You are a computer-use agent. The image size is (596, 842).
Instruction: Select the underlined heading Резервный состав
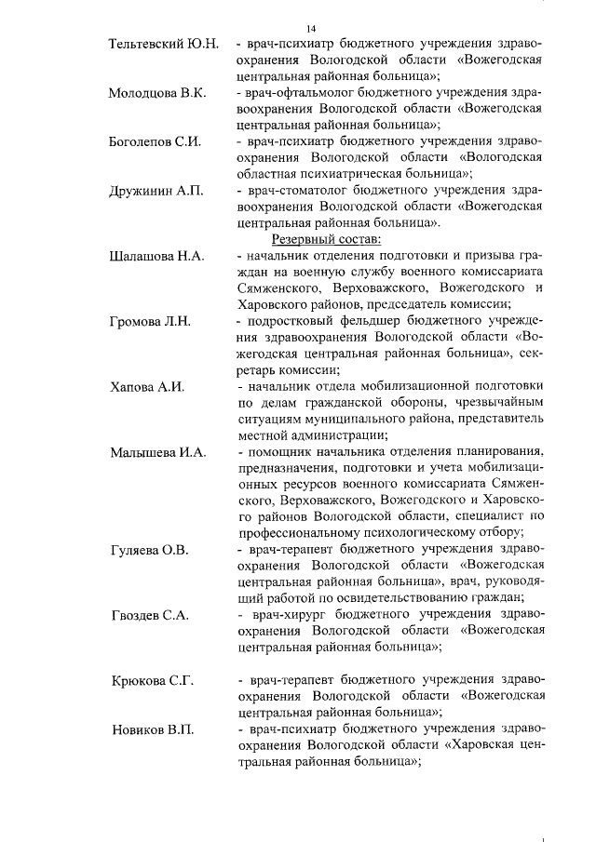coord(298,239)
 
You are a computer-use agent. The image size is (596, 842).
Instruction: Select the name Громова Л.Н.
coord(149,322)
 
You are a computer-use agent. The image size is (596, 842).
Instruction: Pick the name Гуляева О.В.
coord(149,550)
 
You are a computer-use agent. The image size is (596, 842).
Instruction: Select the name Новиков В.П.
coord(151,730)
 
